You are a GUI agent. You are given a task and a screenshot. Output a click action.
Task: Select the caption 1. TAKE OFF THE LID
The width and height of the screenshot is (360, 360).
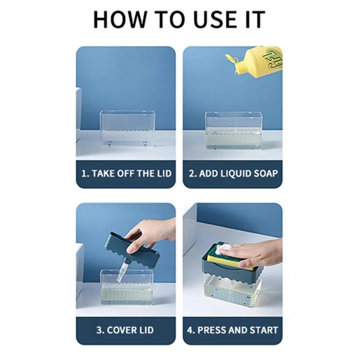pos(127,173)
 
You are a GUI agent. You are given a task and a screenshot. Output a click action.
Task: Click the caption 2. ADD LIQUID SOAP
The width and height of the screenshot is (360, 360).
pos(233,173)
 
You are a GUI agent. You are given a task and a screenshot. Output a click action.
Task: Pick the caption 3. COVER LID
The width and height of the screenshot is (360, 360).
pos(125,330)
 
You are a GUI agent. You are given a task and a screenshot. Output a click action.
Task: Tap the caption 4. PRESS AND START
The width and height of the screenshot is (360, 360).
pos(233,330)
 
